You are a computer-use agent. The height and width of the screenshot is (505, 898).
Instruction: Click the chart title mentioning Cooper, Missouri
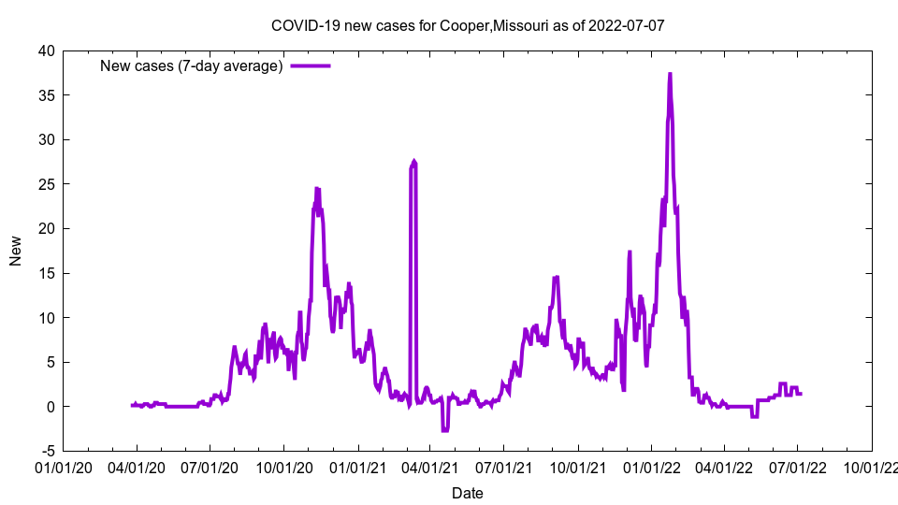coord(468,25)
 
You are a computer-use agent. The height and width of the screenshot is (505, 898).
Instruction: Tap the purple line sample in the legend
coord(311,65)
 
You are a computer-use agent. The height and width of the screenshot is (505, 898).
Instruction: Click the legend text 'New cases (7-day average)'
coord(192,65)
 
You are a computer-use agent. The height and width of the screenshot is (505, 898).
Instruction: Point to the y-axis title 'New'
coord(16,251)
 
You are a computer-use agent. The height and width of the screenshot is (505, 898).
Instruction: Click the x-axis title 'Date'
coord(468,493)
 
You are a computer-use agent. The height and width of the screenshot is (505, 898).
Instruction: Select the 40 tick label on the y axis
coord(46,50)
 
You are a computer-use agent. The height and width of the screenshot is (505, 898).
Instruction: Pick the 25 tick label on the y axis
coord(46,184)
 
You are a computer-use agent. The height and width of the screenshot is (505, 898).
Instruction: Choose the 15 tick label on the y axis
coord(46,273)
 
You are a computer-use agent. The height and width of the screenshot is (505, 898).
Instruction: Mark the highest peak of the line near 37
coord(670,74)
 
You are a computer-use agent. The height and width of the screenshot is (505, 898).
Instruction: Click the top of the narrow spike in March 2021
coord(413,162)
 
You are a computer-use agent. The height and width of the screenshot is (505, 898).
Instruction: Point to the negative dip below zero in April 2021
coord(445,430)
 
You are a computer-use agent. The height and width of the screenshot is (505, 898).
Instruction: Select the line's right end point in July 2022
coord(800,394)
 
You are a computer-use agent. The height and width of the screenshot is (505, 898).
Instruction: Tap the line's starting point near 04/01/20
coord(132,405)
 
